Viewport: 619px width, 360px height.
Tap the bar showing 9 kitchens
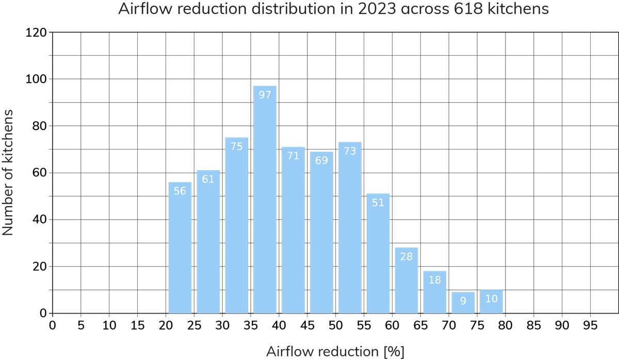coord(463,303)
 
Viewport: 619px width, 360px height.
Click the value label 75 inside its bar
coord(236,146)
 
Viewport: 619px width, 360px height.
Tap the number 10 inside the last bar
coord(491,299)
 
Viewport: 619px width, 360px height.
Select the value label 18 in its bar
coord(434,280)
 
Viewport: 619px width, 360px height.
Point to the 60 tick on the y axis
coord(40,173)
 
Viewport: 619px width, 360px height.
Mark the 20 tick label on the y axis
coord(40,267)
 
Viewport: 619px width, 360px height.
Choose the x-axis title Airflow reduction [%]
coord(335,351)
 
